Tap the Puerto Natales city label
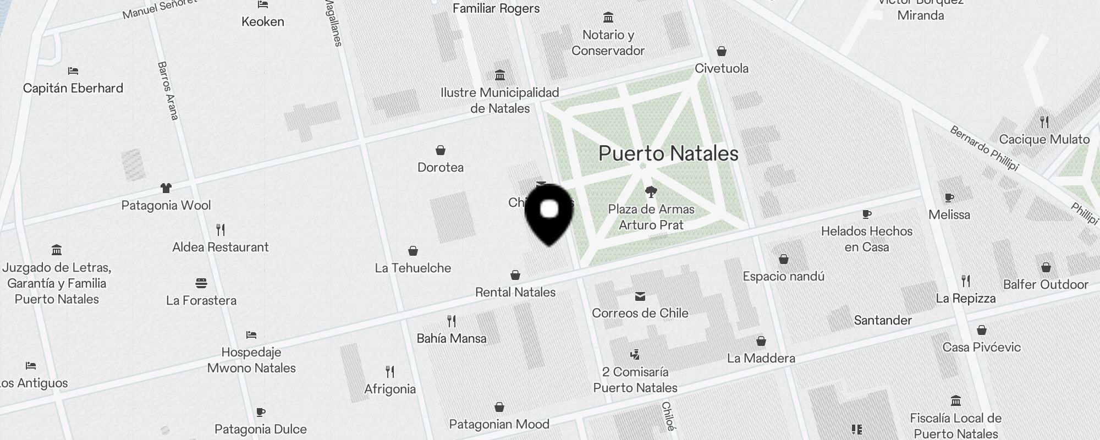[x=668, y=153]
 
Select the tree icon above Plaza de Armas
[x=651, y=192]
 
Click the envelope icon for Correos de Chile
[x=640, y=296]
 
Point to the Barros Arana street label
[x=168, y=90]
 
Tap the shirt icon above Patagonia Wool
[x=166, y=188]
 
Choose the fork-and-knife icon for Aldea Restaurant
[x=221, y=229]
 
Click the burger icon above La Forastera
[x=201, y=283]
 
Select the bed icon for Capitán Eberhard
[x=73, y=71]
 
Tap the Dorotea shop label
[x=441, y=167]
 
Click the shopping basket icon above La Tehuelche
[x=413, y=251]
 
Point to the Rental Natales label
[x=515, y=292]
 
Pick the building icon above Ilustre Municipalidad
[x=500, y=75]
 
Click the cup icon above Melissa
[x=949, y=197]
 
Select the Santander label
[x=883, y=320]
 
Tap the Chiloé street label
[x=668, y=416]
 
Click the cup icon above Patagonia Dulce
[x=261, y=412]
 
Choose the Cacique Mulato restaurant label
[x=1044, y=139]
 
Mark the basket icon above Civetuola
[x=722, y=51]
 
